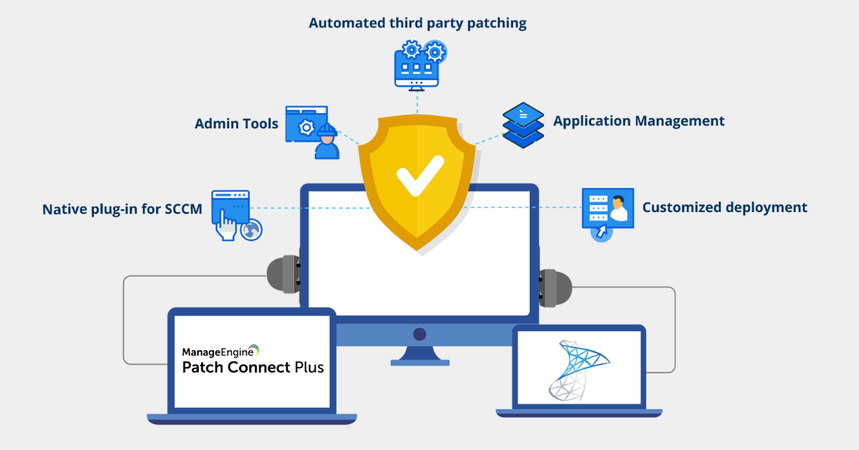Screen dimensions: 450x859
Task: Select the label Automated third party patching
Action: pyautogui.click(x=417, y=23)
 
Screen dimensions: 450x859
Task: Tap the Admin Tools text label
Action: pyautogui.click(x=236, y=124)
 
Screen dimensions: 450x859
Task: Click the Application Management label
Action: pyautogui.click(x=639, y=121)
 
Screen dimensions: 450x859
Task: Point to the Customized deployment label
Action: pyautogui.click(x=724, y=208)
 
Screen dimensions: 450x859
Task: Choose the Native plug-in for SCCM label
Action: pyautogui.click(x=122, y=209)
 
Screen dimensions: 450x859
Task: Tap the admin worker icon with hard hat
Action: pyautogui.click(x=326, y=141)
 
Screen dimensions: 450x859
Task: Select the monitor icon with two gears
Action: pyautogui.click(x=418, y=64)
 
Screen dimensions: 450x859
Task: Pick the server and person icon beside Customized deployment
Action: pyautogui.click(x=608, y=209)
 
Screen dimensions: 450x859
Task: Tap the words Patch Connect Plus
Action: pyautogui.click(x=253, y=368)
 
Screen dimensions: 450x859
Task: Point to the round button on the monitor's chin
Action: pyautogui.click(x=419, y=334)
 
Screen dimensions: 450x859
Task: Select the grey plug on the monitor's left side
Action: pyautogui.click(x=283, y=274)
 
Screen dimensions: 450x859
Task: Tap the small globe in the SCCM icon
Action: pyautogui.click(x=251, y=229)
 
